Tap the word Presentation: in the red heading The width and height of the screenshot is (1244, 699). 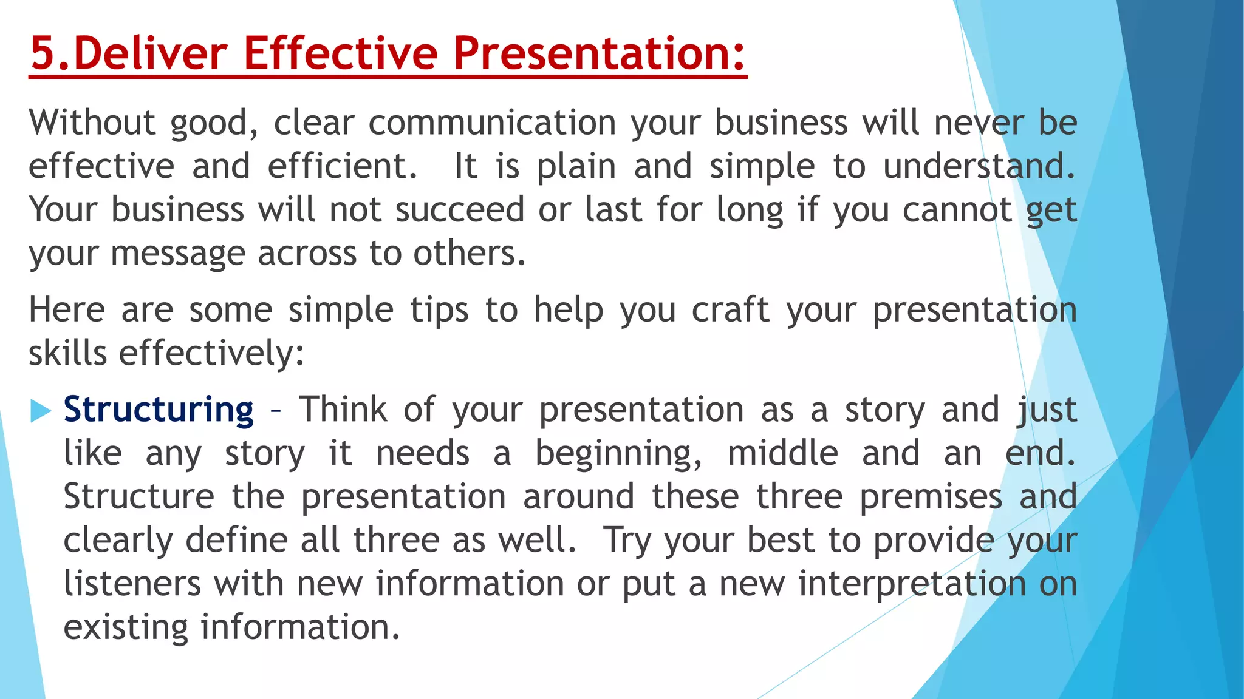tap(599, 53)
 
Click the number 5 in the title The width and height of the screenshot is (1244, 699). tap(42, 53)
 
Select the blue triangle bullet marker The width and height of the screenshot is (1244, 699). tap(40, 411)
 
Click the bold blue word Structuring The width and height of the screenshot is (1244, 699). tap(159, 410)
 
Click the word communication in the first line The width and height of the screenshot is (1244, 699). tap(493, 123)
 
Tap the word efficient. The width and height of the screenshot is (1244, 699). tap(343, 166)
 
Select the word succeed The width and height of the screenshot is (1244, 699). tap(460, 210)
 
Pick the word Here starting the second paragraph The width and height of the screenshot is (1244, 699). tap(67, 310)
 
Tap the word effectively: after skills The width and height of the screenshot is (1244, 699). tap(211, 354)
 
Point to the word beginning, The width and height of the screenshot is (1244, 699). tap(618, 454)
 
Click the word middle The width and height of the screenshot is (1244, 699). tap(783, 454)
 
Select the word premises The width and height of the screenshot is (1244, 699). tap(931, 497)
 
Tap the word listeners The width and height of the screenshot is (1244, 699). tap(132, 584)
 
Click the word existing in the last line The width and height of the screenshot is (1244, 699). tap(126, 627)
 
